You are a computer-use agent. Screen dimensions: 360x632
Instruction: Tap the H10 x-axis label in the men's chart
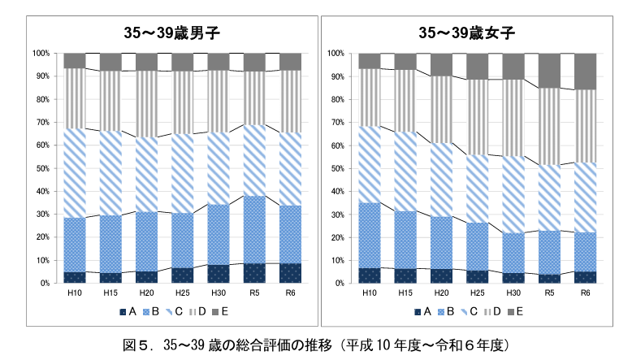click(75, 293)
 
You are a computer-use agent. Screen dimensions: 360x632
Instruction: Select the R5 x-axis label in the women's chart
click(549, 293)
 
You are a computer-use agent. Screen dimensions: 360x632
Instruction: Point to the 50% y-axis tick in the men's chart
click(41, 168)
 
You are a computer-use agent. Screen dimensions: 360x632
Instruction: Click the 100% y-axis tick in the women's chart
click(335, 53)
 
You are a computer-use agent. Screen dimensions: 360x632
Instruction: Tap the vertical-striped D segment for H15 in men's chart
click(111, 101)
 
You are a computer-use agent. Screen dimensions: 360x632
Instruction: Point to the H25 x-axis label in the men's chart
click(183, 293)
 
